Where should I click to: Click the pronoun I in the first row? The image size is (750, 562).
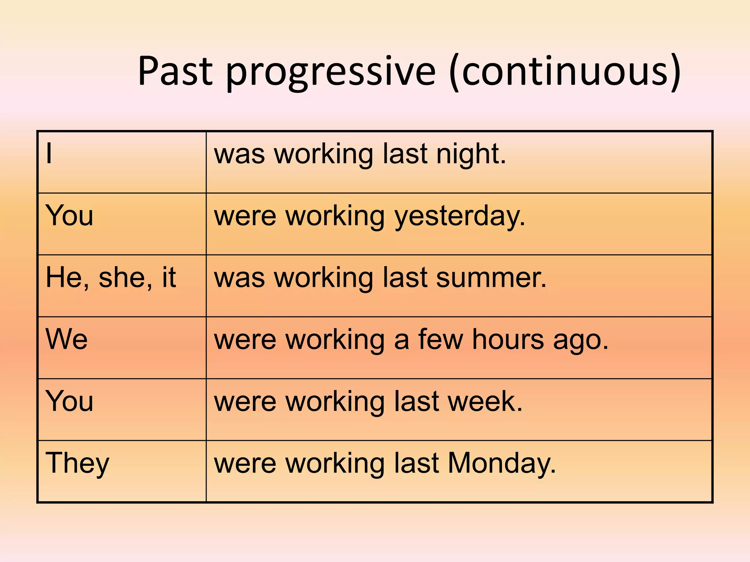(49, 154)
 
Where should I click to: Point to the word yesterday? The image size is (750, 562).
(459, 217)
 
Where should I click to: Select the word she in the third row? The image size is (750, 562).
(125, 278)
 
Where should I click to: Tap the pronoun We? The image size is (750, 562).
(67, 340)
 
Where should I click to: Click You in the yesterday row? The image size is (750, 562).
(69, 216)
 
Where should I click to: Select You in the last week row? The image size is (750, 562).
(69, 401)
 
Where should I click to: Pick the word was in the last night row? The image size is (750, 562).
(239, 155)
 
